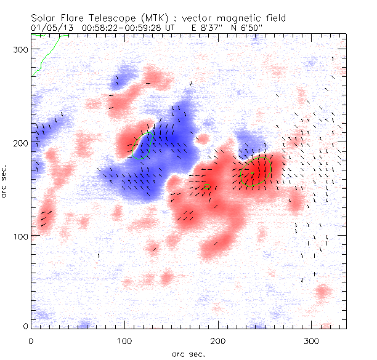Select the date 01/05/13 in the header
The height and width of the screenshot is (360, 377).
[48, 28]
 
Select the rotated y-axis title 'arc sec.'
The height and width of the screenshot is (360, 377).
[5, 181]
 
